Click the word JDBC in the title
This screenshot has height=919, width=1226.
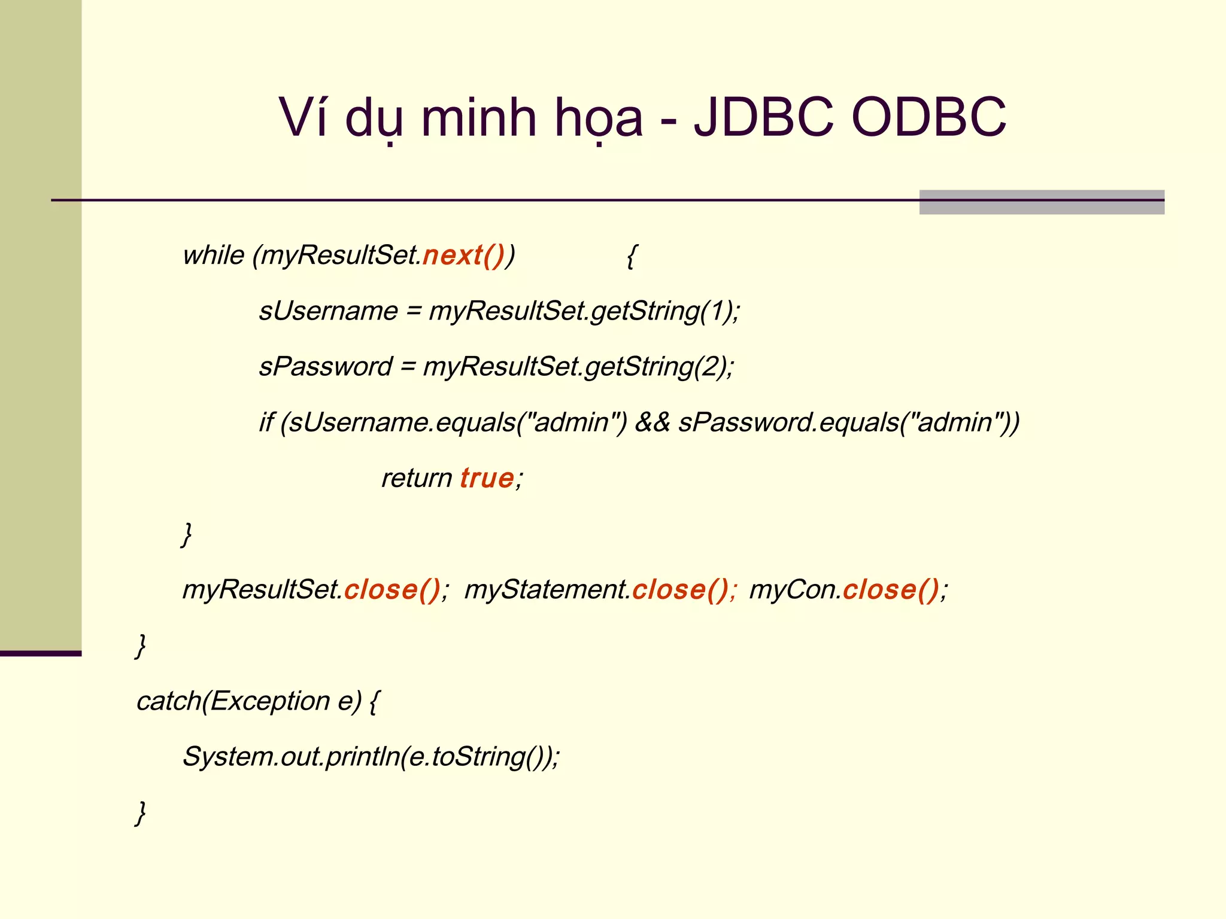point(763,117)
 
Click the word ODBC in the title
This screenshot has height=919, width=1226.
point(928,117)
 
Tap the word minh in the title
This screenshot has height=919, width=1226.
point(479,117)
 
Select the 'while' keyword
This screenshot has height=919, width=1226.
point(213,255)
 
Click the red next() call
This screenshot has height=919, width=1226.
point(463,255)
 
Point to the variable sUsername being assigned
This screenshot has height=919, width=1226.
point(328,311)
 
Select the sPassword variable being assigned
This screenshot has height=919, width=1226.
point(326,367)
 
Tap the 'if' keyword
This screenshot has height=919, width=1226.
point(266,422)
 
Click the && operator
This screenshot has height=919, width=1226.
point(653,422)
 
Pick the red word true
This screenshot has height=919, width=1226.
point(487,478)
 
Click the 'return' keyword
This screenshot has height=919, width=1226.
point(417,478)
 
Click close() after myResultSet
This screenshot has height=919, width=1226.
point(392,590)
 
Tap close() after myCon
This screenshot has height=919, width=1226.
point(891,590)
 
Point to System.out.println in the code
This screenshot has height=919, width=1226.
point(291,757)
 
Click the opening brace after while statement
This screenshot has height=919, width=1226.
point(631,256)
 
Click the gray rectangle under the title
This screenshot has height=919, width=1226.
point(1042,202)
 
